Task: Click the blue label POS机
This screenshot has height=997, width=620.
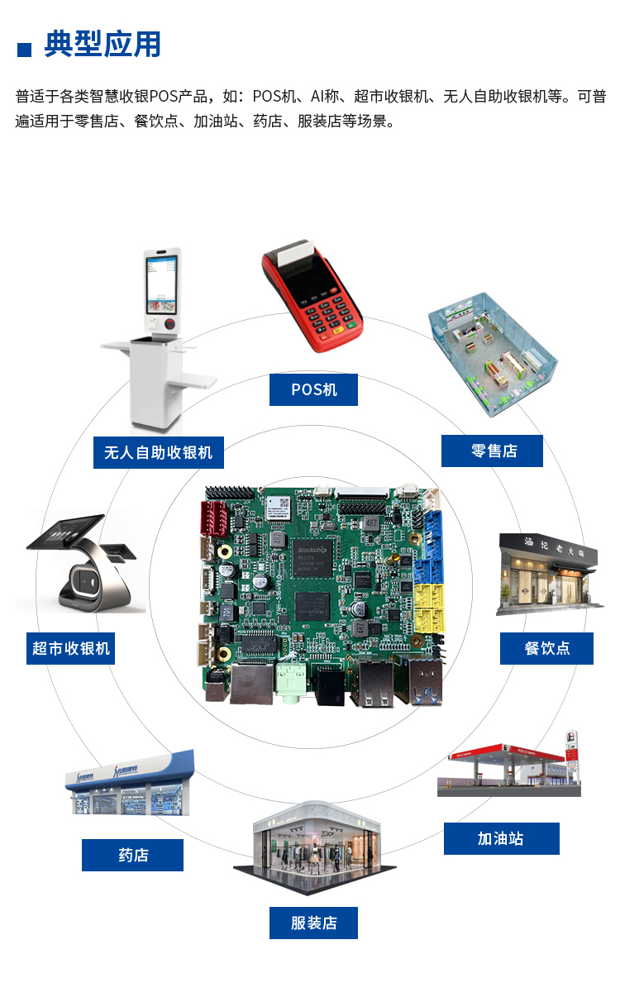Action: click(313, 389)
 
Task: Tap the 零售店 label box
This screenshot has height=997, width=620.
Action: click(492, 451)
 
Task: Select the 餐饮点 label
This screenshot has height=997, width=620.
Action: click(546, 648)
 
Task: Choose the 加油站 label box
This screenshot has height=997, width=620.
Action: click(501, 838)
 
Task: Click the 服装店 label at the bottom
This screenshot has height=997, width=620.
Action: click(313, 923)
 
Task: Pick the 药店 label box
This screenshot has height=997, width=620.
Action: click(132, 855)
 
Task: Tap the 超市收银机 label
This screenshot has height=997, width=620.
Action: click(70, 648)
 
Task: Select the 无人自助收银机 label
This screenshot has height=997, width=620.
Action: click(158, 452)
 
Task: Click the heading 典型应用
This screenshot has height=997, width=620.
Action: click(103, 45)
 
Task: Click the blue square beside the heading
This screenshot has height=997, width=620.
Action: click(24, 50)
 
